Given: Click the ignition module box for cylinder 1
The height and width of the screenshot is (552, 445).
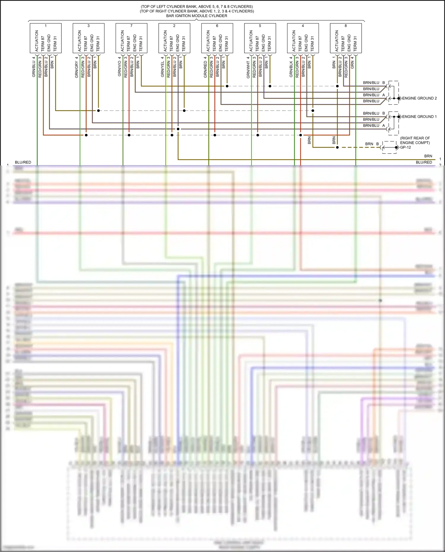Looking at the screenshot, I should click(x=46, y=38).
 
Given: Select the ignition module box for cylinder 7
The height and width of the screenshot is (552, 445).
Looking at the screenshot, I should click(x=131, y=38).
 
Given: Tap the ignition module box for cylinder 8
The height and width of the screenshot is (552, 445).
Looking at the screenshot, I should click(x=346, y=38).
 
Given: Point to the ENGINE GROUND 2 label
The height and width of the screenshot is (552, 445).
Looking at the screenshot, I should click(x=419, y=98).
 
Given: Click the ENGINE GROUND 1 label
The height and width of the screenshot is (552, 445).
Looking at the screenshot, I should click(x=419, y=117).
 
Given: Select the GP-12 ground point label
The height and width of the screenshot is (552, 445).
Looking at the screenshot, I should click(x=406, y=147).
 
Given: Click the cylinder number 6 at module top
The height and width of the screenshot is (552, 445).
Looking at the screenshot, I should click(x=217, y=26).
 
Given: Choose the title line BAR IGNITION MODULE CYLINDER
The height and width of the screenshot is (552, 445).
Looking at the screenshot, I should click(x=197, y=16).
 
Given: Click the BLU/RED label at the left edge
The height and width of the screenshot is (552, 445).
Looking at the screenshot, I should click(x=23, y=162).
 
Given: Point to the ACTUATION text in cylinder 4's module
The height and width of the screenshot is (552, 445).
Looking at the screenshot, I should click(x=294, y=41).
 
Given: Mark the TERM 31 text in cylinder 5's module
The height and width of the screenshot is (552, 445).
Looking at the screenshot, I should click(x=269, y=44).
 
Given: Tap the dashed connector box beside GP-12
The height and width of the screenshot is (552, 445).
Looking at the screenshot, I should click(x=389, y=147).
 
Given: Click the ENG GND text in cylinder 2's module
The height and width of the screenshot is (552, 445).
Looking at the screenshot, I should click(x=177, y=43).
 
